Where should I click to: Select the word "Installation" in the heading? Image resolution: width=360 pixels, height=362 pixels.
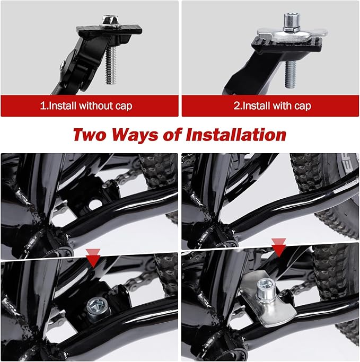(236, 135)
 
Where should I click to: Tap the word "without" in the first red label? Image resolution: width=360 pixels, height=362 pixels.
(96, 106)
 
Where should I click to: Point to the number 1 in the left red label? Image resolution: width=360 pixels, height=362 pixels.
(43, 106)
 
